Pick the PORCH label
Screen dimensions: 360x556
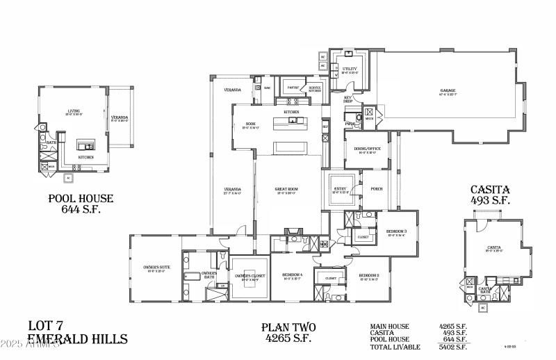point(376,188)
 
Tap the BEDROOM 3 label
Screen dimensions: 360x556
point(396,231)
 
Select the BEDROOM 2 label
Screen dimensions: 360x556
point(368,276)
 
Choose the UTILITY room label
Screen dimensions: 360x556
point(350,69)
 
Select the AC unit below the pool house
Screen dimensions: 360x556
point(68,178)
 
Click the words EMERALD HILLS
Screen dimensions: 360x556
point(77,339)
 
